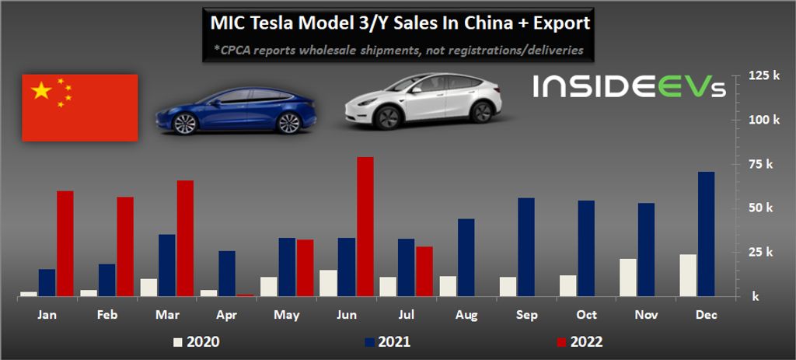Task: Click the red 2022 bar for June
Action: [365, 226]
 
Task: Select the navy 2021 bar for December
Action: [707, 234]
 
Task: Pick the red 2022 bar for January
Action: [65, 243]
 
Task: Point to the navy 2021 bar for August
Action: [466, 257]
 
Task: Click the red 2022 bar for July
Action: [424, 271]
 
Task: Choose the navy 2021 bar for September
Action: [526, 247]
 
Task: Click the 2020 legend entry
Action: [196, 341]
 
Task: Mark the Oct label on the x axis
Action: [586, 315]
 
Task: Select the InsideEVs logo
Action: [629, 86]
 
